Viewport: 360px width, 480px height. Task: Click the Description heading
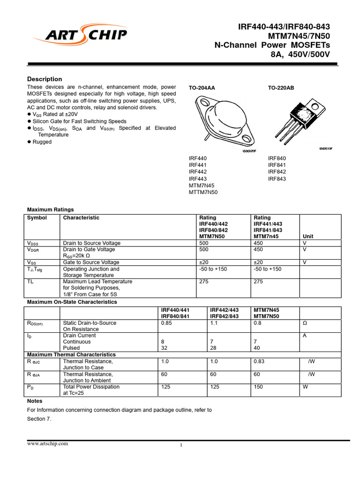(x=45, y=79)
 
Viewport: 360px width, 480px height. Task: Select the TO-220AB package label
(x=281, y=88)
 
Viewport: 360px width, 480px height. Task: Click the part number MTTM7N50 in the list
(x=203, y=192)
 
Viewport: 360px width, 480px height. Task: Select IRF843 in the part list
(x=277, y=179)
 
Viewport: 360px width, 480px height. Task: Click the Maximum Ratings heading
(x=50, y=210)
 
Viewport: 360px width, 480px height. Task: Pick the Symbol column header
(x=37, y=217)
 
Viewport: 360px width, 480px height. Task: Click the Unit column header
(x=308, y=237)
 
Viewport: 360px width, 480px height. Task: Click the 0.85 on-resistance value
(x=166, y=323)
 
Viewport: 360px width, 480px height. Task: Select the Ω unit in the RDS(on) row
(x=305, y=323)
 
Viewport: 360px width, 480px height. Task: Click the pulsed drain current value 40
(x=256, y=348)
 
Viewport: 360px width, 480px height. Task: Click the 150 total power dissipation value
(x=258, y=387)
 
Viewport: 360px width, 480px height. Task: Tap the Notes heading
(x=35, y=401)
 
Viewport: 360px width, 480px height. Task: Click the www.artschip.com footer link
(x=48, y=443)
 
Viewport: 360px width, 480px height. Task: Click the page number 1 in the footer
(x=180, y=445)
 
